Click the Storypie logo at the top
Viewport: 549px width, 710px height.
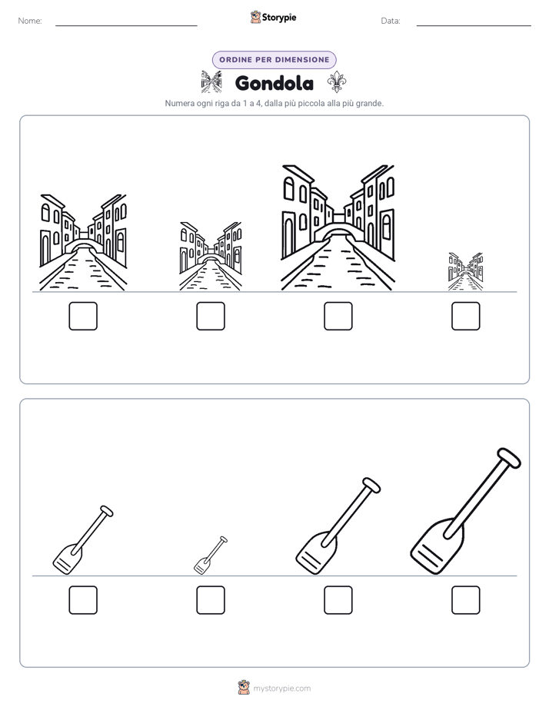(273, 17)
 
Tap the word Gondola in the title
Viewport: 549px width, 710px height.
(274, 83)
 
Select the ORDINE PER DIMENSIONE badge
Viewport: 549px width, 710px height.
(274, 60)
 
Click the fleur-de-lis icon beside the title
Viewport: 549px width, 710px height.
(337, 82)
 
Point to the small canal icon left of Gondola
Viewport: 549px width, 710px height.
(211, 82)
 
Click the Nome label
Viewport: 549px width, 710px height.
(30, 21)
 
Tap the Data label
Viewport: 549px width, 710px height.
(391, 21)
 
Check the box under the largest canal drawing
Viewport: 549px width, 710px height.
(338, 316)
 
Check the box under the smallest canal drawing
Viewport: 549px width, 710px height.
(466, 316)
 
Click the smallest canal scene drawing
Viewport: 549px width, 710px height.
(466, 272)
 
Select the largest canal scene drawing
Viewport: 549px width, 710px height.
(338, 227)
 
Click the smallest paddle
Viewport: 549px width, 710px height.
(211, 555)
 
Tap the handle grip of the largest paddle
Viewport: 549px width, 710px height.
(509, 457)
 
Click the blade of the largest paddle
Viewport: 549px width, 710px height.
(436, 547)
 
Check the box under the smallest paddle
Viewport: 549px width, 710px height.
(211, 600)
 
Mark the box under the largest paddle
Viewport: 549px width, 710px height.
(466, 600)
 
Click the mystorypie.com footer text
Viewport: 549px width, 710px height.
(281, 688)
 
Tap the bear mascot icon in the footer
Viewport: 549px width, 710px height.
(244, 688)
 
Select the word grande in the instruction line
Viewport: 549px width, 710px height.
(370, 103)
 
